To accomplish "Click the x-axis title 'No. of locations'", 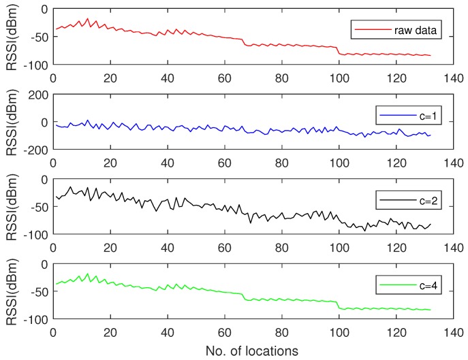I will coord(250,351).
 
